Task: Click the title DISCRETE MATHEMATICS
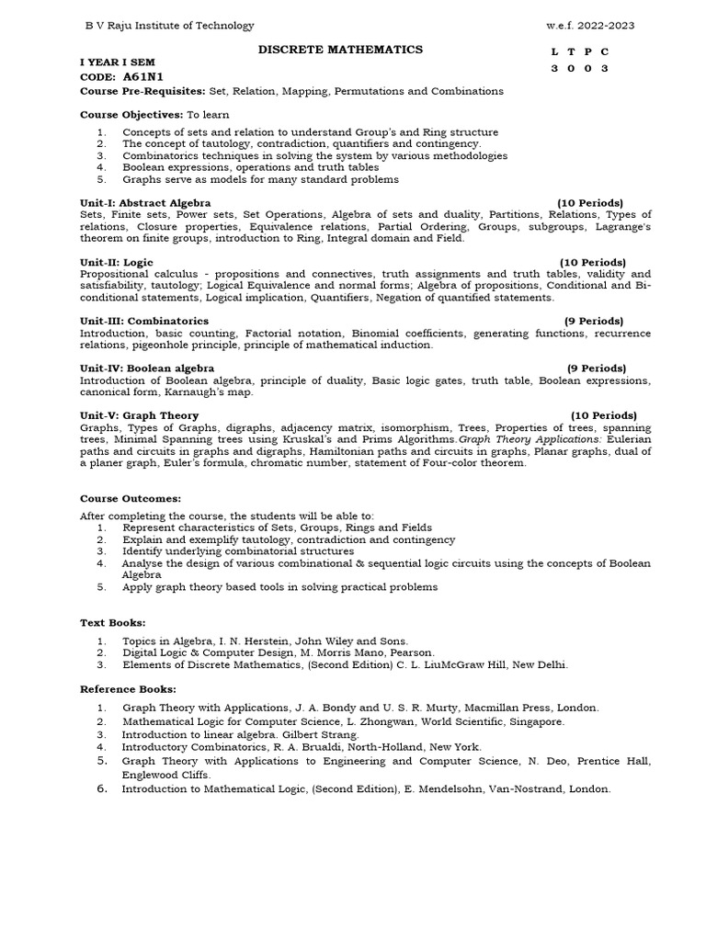[340, 50]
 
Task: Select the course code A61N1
[147, 77]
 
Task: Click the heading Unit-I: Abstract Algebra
[145, 202]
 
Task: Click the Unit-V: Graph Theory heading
[139, 416]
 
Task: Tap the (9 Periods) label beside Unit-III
[594, 321]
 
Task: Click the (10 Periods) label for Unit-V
[603, 416]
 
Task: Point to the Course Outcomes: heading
[131, 498]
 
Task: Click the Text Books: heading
[112, 622]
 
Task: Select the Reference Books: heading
[128, 688]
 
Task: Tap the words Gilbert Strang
[319, 735]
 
